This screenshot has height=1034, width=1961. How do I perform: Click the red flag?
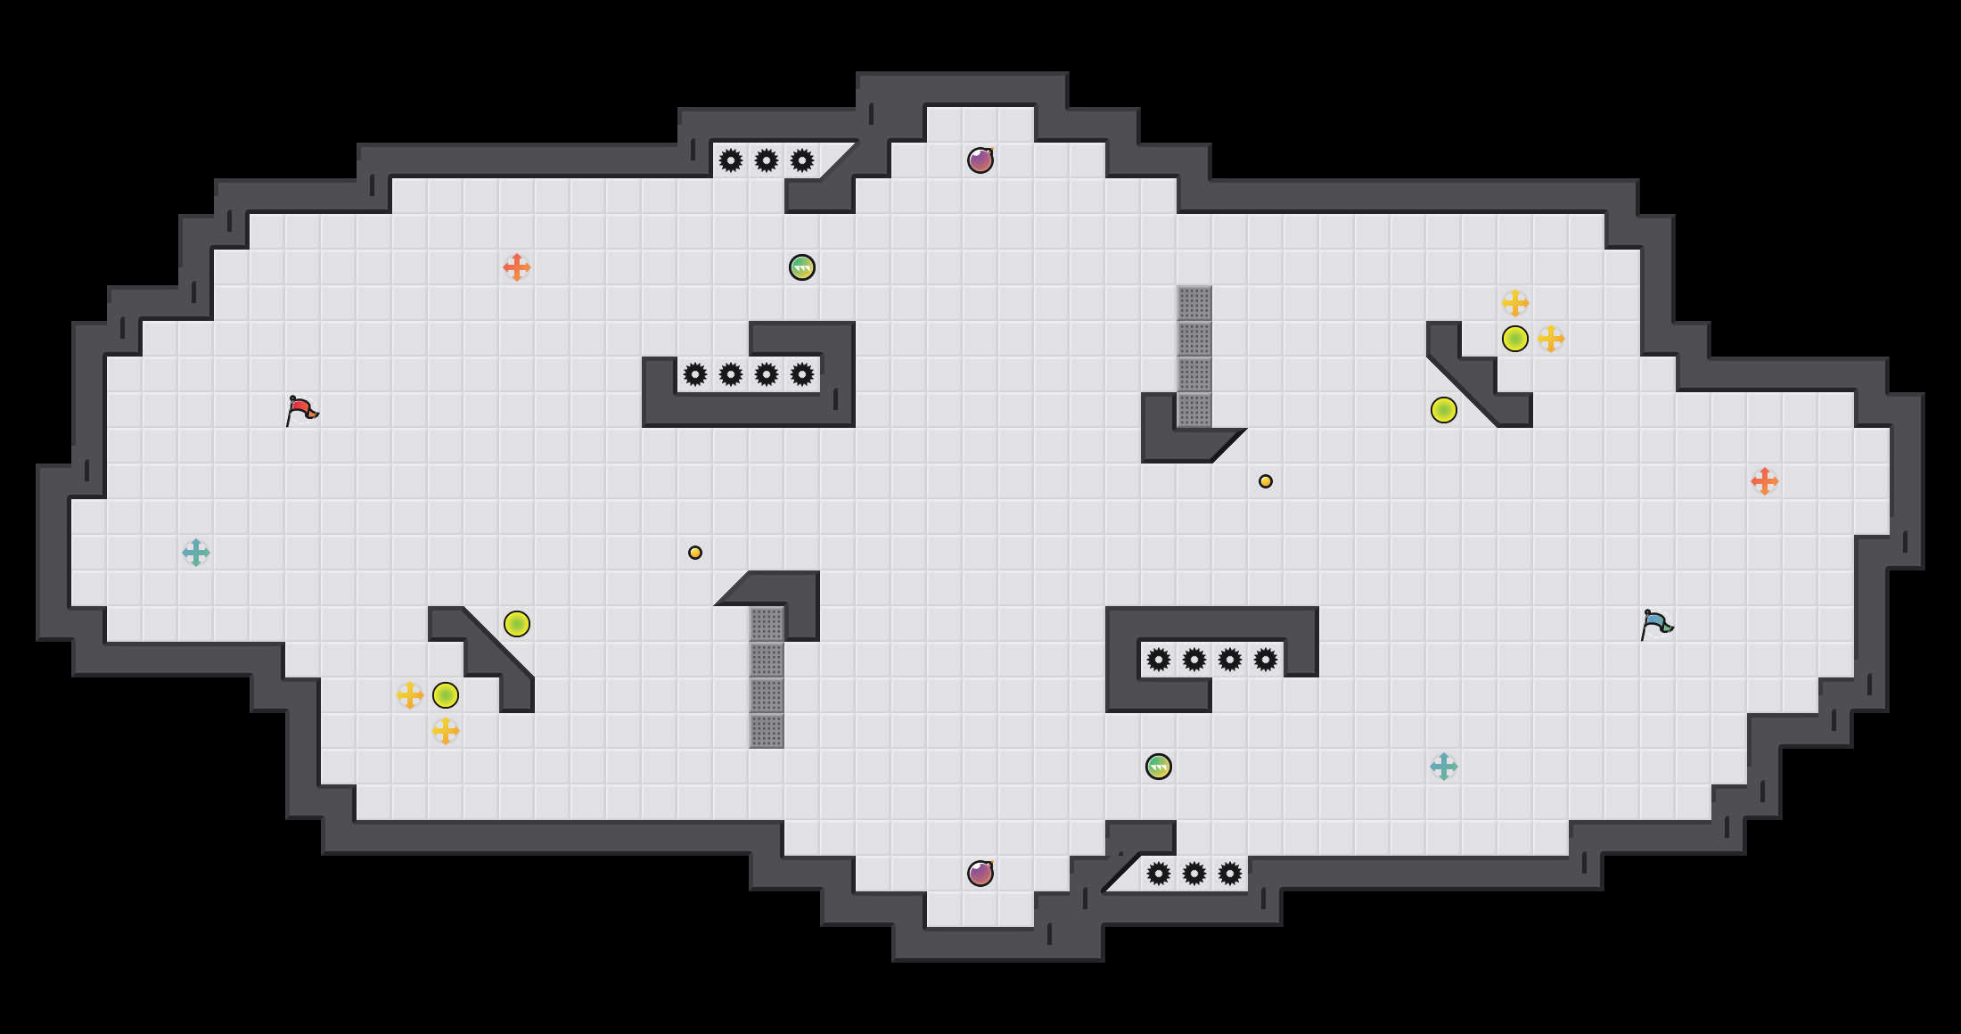tap(301, 410)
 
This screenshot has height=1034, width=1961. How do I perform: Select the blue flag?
tap(1656, 624)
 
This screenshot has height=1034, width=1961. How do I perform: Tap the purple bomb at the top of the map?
tap(980, 160)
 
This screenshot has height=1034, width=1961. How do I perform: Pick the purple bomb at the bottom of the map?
tap(980, 874)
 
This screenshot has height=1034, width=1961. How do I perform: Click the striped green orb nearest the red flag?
tap(802, 267)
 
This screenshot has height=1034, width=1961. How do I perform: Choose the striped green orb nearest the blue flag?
tap(1159, 767)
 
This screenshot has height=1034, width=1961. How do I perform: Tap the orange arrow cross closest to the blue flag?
tap(1765, 481)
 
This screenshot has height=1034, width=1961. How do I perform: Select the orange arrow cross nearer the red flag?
tap(517, 267)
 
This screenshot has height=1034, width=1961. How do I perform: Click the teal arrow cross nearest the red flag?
tap(196, 553)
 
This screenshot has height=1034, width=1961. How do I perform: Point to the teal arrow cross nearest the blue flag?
tap(1444, 767)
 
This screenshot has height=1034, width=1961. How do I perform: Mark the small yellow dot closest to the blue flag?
tap(1266, 481)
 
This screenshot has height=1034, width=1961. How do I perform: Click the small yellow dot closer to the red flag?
tap(695, 553)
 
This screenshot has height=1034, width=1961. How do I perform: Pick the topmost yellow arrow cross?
tap(1515, 303)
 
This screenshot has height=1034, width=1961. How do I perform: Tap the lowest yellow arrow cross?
tap(446, 731)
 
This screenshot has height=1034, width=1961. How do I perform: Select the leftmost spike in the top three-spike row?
tap(731, 160)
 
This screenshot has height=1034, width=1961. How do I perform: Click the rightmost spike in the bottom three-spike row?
tap(1230, 874)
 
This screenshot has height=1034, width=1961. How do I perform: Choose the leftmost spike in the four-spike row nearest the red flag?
tap(695, 374)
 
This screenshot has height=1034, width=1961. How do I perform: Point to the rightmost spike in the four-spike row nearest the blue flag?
tap(1266, 660)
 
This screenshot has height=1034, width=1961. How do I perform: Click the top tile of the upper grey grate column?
tap(1194, 303)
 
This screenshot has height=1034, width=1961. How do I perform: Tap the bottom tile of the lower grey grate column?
tap(767, 731)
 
